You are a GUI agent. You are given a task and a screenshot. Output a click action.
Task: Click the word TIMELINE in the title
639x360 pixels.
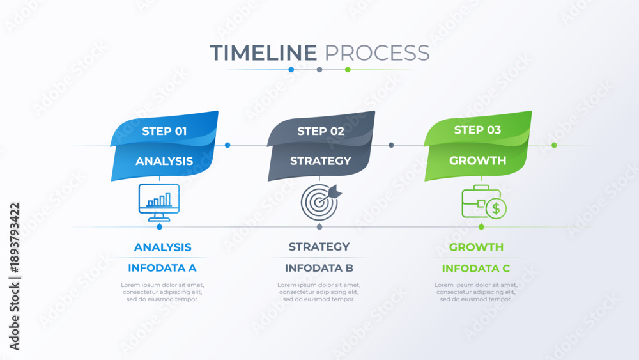[x=263, y=53]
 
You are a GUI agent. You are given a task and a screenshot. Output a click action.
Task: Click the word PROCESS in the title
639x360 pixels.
[x=377, y=53]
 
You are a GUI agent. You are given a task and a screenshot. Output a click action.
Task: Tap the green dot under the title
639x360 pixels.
[x=348, y=70]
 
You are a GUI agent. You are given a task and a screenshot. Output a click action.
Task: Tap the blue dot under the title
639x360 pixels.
[x=291, y=70]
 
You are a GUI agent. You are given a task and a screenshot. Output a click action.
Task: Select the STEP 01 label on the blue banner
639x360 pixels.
[x=164, y=131]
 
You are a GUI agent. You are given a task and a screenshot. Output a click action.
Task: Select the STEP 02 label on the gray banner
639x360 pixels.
[x=321, y=131]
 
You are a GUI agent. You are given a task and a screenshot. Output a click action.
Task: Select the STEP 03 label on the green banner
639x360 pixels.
[x=477, y=130]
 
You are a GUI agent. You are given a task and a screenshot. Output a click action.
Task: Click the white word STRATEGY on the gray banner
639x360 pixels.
[x=321, y=160]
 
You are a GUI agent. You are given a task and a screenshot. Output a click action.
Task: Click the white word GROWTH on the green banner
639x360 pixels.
[x=477, y=160]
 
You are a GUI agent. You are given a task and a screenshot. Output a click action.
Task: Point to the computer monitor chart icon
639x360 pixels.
[x=159, y=203]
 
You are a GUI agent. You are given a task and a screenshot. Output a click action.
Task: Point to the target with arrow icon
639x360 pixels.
[x=321, y=202]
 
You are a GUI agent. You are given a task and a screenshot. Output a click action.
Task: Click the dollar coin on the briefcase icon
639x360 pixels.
[x=496, y=208]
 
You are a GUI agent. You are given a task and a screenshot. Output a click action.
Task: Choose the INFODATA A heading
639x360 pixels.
[x=162, y=268]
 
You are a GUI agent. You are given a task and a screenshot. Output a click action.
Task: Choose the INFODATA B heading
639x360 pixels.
[x=319, y=268]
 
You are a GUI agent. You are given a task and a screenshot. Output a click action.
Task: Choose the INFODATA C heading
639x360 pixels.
[x=476, y=269]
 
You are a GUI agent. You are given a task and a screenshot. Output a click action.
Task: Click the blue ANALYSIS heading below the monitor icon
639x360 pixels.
[x=162, y=247]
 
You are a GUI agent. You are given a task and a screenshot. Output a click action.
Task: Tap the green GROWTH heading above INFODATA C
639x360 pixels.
[x=476, y=247]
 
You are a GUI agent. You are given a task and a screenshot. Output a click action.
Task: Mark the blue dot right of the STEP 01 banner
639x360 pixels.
[x=227, y=145]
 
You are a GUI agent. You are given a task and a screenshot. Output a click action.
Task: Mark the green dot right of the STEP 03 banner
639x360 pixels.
[x=554, y=145]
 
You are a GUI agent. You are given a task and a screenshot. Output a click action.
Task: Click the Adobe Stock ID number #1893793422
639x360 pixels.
[x=14, y=238]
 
